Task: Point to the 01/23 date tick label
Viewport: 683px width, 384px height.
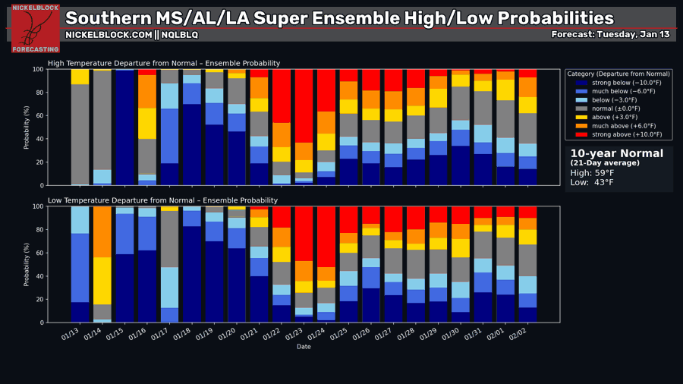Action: click(302, 334)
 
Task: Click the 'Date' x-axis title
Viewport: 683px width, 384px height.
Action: click(304, 347)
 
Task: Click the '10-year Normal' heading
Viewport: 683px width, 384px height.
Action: click(616, 153)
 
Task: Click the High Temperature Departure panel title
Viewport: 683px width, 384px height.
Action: click(164, 63)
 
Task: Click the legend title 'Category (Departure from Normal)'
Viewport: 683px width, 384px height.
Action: click(618, 74)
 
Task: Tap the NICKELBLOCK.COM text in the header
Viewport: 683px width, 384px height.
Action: click(108, 35)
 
